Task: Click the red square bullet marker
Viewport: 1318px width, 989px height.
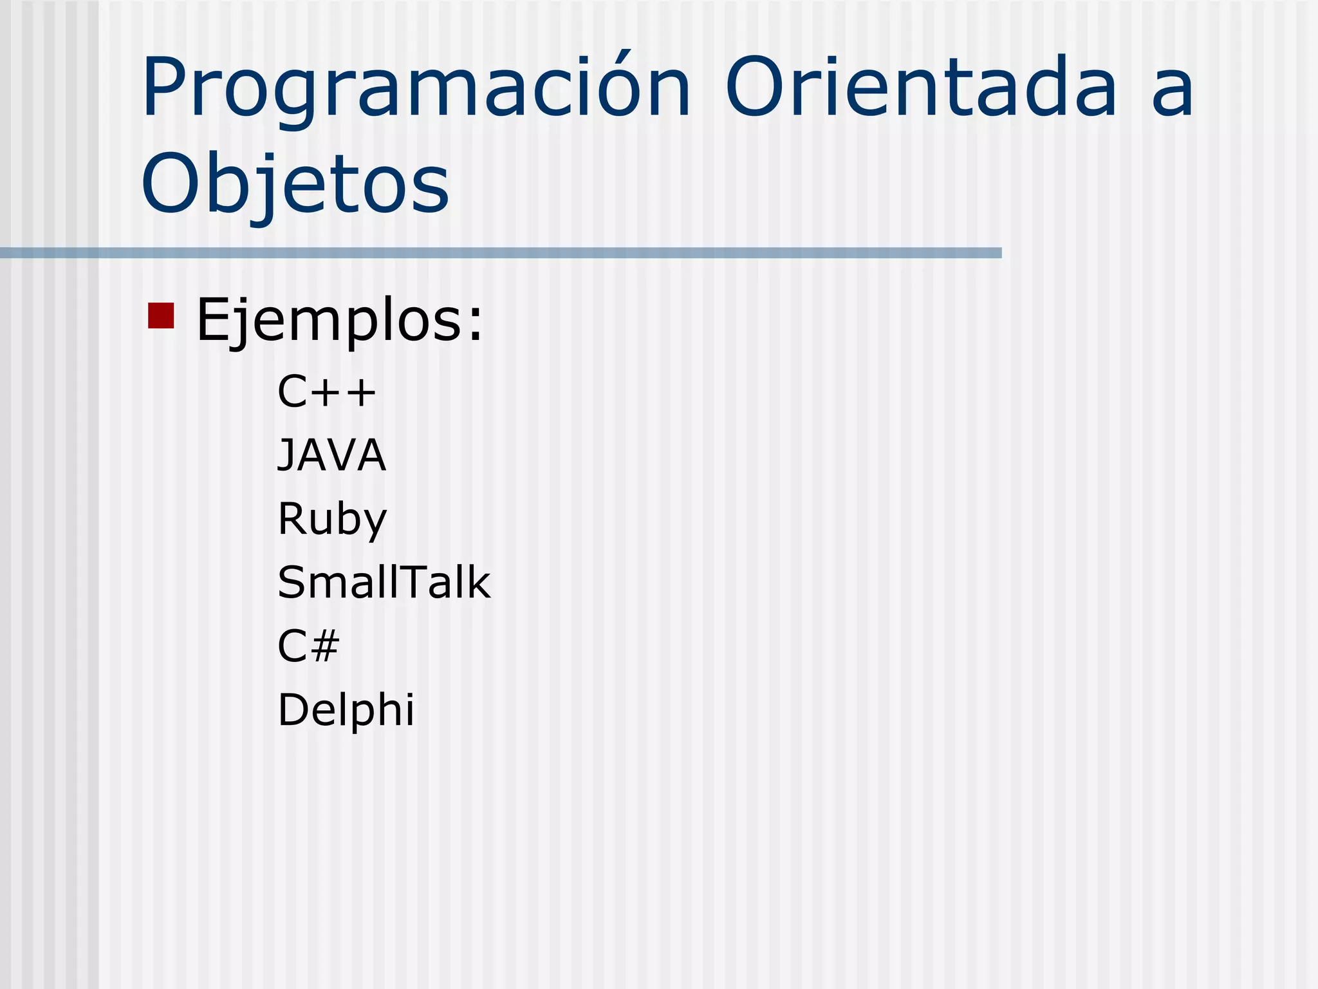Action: (161, 316)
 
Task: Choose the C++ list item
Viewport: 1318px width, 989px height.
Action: (326, 391)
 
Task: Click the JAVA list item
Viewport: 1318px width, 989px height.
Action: (331, 455)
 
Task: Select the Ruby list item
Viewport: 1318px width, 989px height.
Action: (332, 519)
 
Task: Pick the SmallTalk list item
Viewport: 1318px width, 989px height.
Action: (384, 583)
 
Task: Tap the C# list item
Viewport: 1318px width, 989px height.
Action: (308, 646)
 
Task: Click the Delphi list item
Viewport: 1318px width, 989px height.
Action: (346, 710)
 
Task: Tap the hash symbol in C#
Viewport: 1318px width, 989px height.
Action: (325, 646)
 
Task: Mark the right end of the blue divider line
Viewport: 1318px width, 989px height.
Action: (999, 253)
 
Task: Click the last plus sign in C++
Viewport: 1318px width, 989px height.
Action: (360, 392)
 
